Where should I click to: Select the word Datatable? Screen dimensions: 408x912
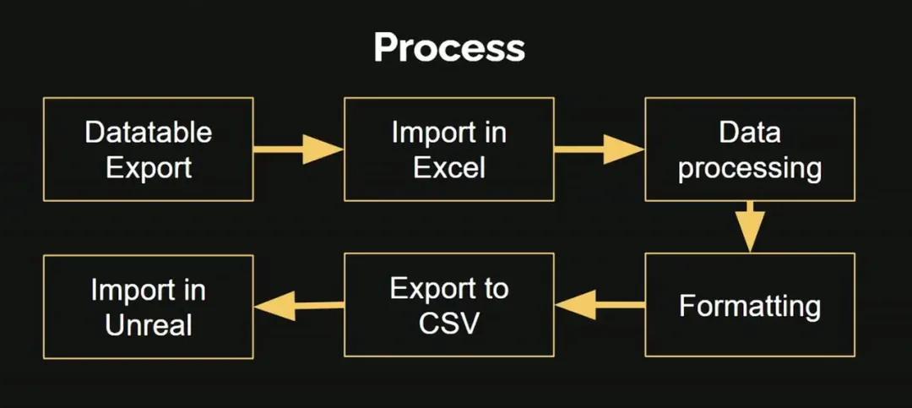(149, 132)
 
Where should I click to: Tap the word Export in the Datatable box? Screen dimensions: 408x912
(149, 167)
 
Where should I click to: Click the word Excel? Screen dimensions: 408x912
(449, 167)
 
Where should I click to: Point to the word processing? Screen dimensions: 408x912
(750, 168)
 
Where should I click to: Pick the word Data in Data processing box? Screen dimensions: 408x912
(750, 132)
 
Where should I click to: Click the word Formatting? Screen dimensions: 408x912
(750, 305)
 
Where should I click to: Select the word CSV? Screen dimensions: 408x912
(449, 324)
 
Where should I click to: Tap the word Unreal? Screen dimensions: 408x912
(149, 325)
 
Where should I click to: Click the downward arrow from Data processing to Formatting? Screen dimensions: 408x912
(749, 226)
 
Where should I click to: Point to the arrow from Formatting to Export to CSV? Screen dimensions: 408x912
(600, 304)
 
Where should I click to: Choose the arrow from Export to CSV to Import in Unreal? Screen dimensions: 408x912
(299, 305)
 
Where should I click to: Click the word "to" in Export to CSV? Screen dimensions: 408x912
(494, 289)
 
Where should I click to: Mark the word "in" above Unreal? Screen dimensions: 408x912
(193, 291)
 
